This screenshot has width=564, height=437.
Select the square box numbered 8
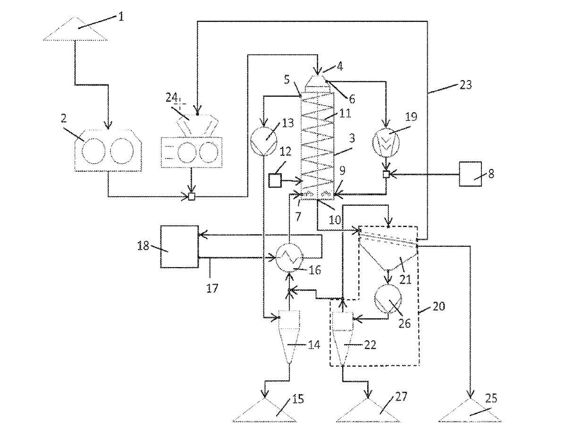[x=470, y=175]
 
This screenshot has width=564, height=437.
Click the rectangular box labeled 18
[x=179, y=246]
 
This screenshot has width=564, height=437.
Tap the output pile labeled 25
[x=470, y=410]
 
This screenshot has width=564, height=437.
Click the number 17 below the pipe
[x=212, y=287]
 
